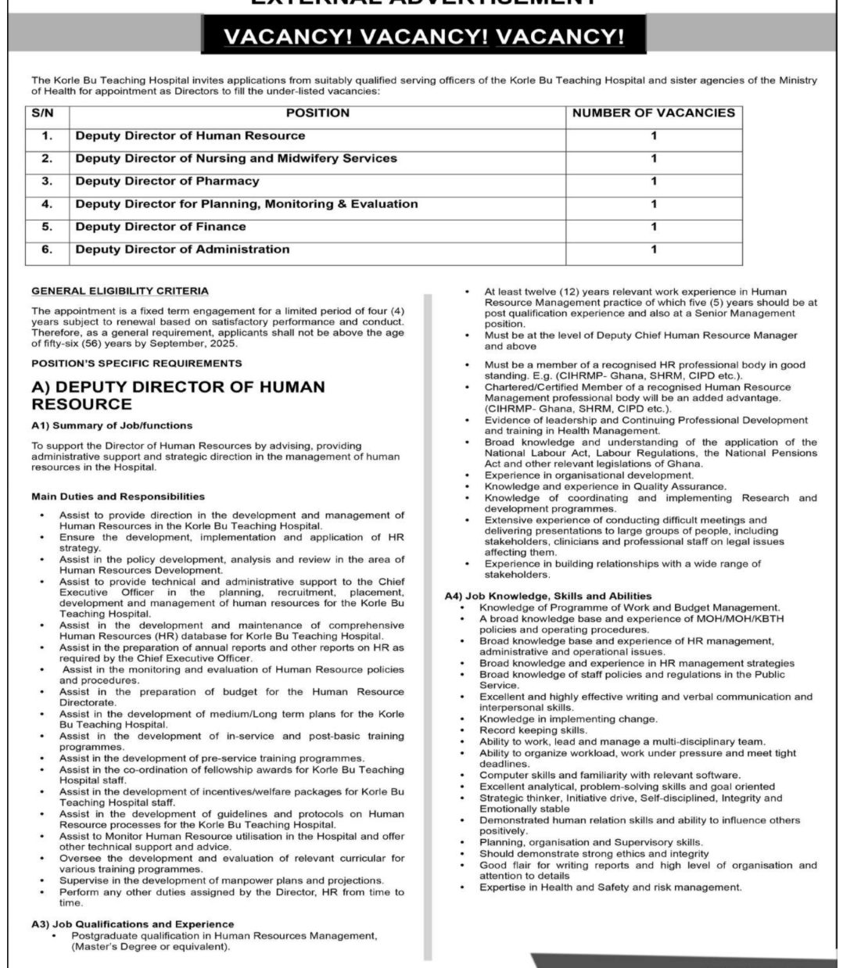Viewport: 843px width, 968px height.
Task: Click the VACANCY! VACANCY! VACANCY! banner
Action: tap(413, 38)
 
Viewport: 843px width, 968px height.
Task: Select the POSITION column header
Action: tap(317, 113)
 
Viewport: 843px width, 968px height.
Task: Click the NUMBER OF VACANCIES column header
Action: tap(653, 113)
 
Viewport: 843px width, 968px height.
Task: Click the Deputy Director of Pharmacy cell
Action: tap(167, 181)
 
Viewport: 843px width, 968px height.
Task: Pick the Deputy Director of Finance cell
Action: tap(160, 227)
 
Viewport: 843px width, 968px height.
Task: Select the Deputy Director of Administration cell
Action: tap(182, 249)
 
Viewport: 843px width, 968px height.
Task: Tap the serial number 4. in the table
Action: tap(47, 204)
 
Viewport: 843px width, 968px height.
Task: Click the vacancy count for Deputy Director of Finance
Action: tap(654, 227)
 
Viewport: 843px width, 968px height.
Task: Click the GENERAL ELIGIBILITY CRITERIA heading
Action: tap(120, 291)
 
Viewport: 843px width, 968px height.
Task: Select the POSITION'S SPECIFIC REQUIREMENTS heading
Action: tap(137, 364)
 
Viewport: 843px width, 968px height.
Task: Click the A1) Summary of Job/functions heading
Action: tap(112, 426)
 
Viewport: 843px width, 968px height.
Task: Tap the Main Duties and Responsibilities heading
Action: tap(118, 497)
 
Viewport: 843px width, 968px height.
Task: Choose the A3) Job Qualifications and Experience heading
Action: tap(133, 924)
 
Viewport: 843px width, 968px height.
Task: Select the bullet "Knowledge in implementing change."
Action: tap(569, 719)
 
